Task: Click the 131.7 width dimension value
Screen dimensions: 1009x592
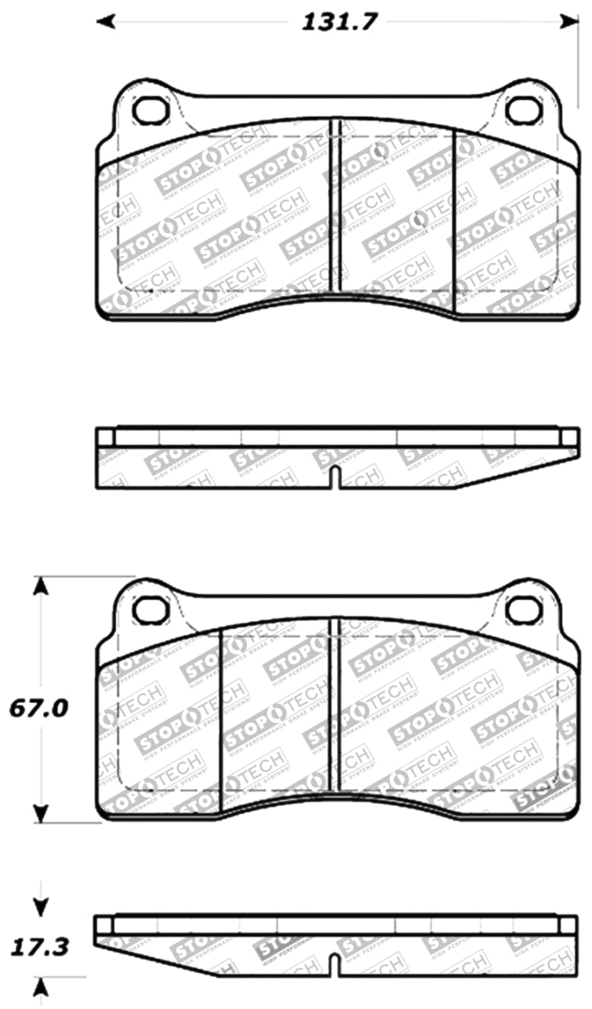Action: (339, 21)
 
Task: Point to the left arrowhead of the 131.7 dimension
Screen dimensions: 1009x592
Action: (106, 21)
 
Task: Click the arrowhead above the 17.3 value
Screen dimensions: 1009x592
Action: (42, 906)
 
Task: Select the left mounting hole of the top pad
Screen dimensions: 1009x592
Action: (151, 110)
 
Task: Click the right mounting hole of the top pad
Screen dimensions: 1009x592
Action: (524, 110)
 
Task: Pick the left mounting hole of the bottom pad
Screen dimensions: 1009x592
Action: (151, 609)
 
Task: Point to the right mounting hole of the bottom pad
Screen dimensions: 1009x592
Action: (524, 609)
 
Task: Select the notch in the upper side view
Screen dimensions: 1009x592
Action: (334, 478)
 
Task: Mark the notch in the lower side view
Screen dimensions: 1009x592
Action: (334, 965)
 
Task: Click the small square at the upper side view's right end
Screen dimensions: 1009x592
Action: (570, 436)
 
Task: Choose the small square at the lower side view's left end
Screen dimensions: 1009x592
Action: (104, 925)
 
